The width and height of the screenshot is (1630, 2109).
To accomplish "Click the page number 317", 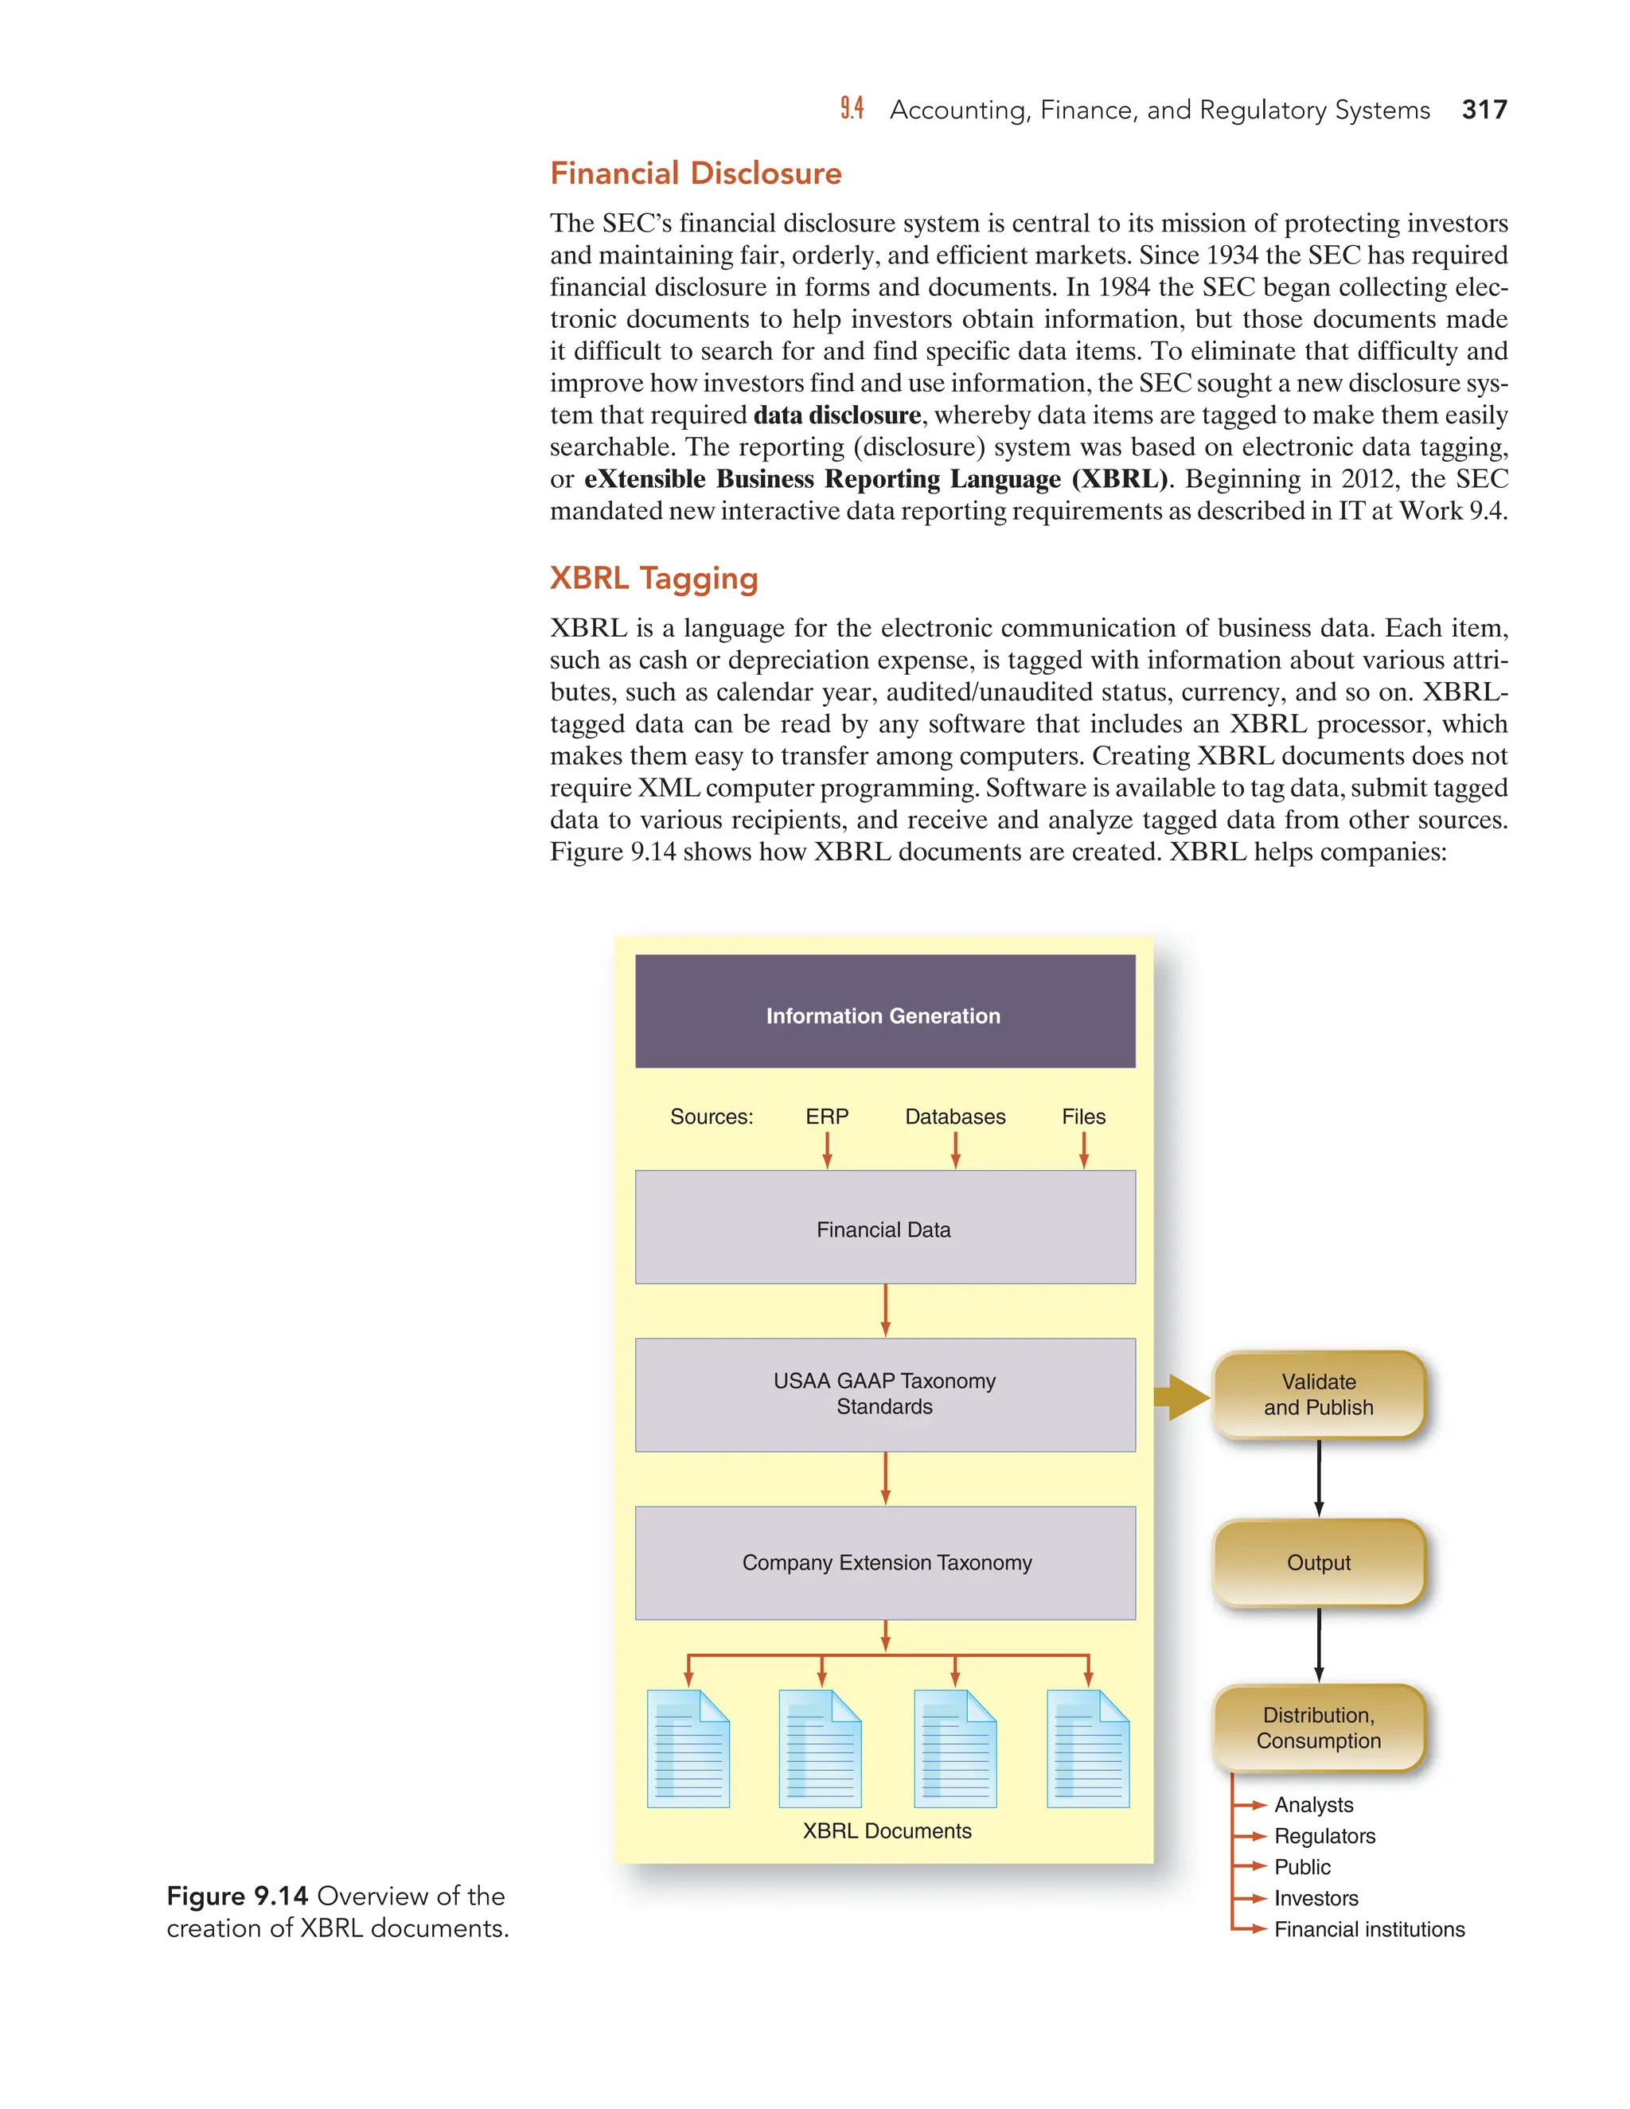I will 1484,110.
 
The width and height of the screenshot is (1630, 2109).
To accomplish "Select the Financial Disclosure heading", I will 696,173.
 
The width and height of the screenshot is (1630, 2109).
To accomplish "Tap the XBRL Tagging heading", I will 653,579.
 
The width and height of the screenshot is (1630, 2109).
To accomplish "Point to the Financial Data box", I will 884,1227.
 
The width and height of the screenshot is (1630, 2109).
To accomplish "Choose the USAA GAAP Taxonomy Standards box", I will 884,1394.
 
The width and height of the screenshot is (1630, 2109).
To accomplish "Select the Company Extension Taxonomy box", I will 884,1562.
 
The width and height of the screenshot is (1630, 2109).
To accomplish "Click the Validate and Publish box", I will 1318,1394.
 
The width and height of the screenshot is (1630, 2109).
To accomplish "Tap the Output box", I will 1318,1562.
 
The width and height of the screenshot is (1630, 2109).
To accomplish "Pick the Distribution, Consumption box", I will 1318,1729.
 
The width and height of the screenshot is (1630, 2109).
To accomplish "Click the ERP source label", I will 827,1117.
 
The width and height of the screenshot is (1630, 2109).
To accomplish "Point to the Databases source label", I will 955,1117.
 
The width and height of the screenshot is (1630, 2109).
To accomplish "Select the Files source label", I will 1083,1117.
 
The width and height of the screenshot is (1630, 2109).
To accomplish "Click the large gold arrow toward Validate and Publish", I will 1182,1397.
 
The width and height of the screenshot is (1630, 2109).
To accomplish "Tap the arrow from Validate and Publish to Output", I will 1319,1479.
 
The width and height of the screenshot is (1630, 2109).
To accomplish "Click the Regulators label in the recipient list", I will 1324,1836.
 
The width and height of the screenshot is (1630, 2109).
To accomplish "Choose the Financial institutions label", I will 1368,1929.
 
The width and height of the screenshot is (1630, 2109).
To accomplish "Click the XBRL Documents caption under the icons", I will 887,1831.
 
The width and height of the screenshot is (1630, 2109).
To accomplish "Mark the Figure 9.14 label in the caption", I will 237,1897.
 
